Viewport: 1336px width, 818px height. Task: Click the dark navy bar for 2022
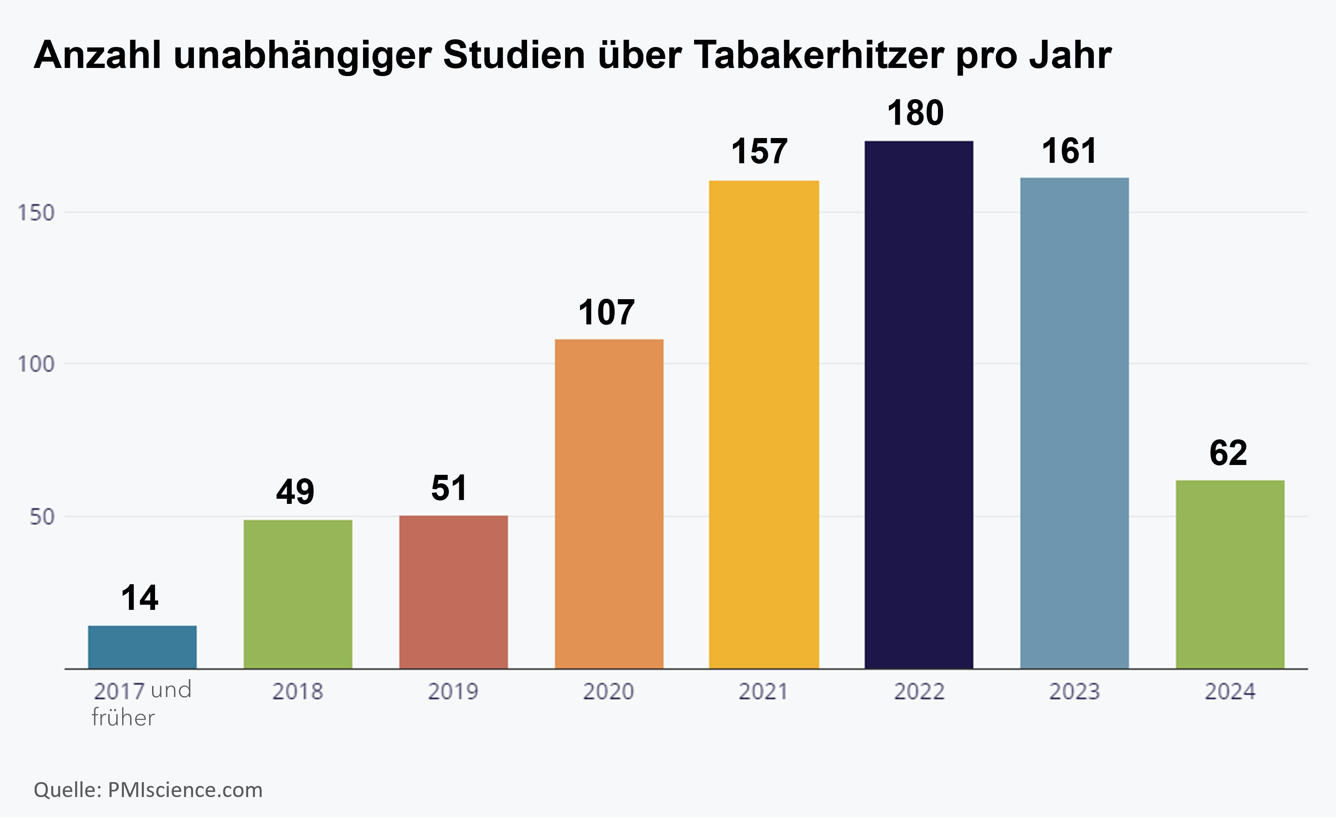pos(918,405)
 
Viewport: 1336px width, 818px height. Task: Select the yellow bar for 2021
pos(763,424)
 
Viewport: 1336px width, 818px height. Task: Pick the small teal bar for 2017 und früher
pos(142,647)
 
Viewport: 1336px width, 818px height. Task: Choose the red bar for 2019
pos(453,592)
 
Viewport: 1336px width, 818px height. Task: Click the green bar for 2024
pos(1230,574)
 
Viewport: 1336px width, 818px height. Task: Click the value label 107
pos(606,312)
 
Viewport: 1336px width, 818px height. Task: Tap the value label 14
pos(139,598)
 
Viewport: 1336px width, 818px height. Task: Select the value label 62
pos(1228,453)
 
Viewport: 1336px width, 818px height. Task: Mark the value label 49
pos(295,492)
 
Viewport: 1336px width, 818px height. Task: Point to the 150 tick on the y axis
pos(36,213)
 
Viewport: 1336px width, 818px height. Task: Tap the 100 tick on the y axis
pos(36,364)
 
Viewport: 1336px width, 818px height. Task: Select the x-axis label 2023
pos(1074,691)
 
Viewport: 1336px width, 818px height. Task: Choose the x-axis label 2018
pos(298,691)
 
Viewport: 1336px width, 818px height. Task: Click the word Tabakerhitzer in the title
pos(818,55)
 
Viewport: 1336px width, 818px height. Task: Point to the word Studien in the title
pos(513,55)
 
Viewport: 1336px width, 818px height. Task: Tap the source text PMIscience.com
pos(185,790)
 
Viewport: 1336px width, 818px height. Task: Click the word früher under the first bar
pos(123,718)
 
